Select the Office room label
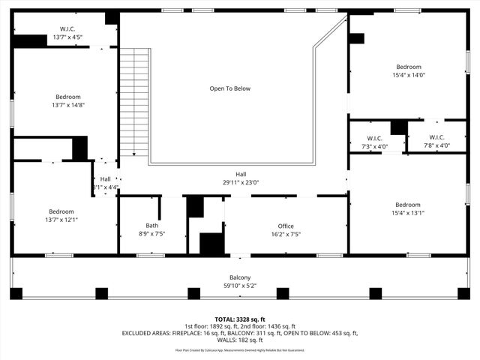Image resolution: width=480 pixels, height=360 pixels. point(285,226)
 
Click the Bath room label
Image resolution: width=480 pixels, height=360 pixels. point(151,226)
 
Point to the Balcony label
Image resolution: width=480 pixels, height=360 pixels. point(240,277)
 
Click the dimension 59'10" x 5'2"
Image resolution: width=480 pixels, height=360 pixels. point(240,285)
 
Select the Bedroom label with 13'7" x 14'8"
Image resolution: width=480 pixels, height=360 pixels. point(68,97)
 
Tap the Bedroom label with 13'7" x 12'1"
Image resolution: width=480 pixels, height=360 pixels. point(61,211)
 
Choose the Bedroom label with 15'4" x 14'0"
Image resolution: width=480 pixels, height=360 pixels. point(408,67)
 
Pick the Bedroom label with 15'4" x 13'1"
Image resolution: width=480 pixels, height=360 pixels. point(408,205)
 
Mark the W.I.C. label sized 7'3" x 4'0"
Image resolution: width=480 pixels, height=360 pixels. point(375,137)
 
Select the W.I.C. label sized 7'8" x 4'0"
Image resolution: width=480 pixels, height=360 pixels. point(437,137)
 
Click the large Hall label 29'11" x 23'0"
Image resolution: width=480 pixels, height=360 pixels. point(240,174)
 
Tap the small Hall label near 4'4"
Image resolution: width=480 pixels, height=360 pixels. point(105,178)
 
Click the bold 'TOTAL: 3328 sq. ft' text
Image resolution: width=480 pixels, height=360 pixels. point(240,319)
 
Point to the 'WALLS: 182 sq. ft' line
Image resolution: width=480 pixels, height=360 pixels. point(240,341)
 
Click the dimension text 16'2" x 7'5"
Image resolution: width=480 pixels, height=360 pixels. point(285,234)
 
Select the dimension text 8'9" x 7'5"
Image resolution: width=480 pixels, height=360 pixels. point(151,234)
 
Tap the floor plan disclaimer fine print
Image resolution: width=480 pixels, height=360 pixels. point(240,350)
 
